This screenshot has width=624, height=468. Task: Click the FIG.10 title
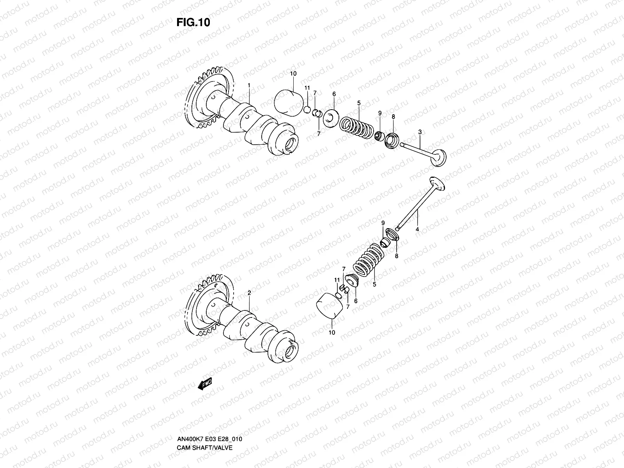(193, 22)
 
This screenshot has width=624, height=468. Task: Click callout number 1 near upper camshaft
(249, 85)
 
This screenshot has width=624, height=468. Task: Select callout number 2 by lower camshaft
(249, 292)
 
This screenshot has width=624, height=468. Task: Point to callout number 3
(420, 133)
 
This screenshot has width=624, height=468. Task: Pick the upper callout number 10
(293, 73)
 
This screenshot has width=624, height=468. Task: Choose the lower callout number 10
(332, 333)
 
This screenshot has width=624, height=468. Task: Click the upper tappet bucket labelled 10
(290, 103)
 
